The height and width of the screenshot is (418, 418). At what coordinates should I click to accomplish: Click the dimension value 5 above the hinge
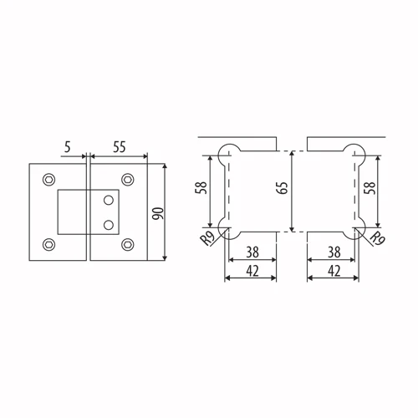pos(68,147)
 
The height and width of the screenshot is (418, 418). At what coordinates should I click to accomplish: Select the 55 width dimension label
pos(120,147)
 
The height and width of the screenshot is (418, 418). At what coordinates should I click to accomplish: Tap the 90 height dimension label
pos(159,213)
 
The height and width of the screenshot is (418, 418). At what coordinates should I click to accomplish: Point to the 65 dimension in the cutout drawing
pos(283,188)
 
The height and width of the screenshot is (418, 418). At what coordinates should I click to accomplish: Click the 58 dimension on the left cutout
pos(201,188)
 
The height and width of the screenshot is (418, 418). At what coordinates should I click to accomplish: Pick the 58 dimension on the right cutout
pos(370,188)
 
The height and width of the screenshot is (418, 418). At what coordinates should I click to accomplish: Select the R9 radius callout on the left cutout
pos(208,238)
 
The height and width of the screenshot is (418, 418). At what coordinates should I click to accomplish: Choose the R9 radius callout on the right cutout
pos(377,238)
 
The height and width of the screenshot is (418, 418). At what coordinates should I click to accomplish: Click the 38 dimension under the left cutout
pos(252,252)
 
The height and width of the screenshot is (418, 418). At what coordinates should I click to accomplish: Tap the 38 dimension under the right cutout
pos(334,252)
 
